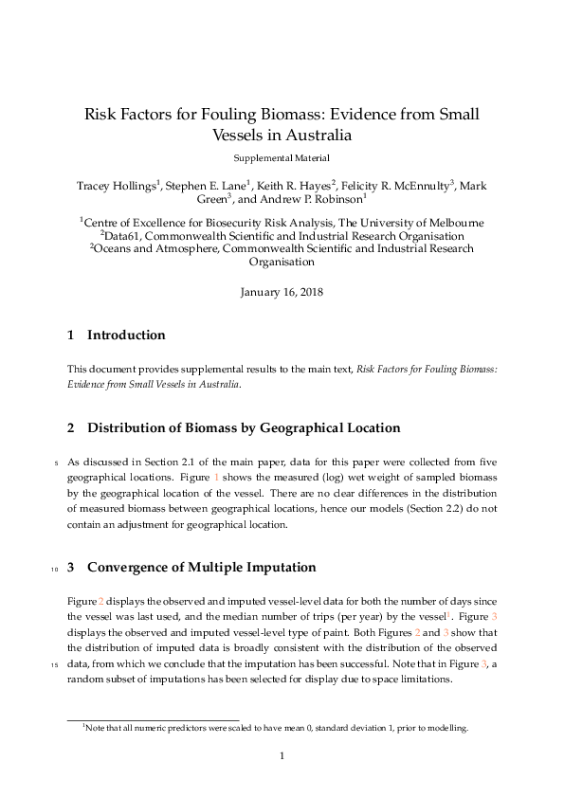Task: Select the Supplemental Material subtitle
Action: (x=282, y=158)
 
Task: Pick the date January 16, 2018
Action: (x=282, y=292)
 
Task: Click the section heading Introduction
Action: (x=126, y=335)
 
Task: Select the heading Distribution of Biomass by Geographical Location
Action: (x=244, y=427)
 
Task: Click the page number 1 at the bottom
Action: (x=282, y=755)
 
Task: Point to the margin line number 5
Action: (x=57, y=462)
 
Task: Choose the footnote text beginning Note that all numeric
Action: (x=275, y=728)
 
